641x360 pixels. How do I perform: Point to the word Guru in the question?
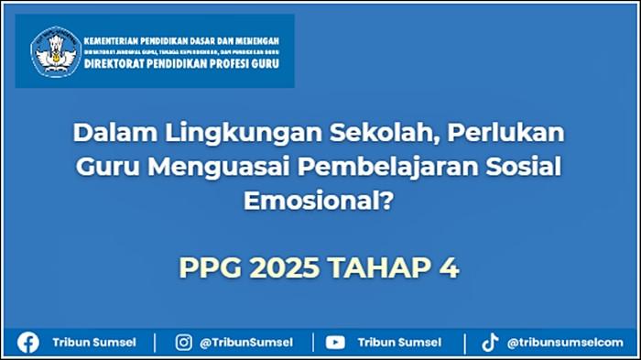[105, 168]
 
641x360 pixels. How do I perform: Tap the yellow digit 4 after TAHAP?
[447, 268]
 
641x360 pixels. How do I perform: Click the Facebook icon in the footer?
[28, 343]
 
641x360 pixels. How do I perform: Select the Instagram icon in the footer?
[184, 343]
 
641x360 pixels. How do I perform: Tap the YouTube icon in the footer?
[335, 343]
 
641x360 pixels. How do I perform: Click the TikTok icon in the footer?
[490, 343]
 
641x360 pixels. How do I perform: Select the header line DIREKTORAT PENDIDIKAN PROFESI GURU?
[181, 65]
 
